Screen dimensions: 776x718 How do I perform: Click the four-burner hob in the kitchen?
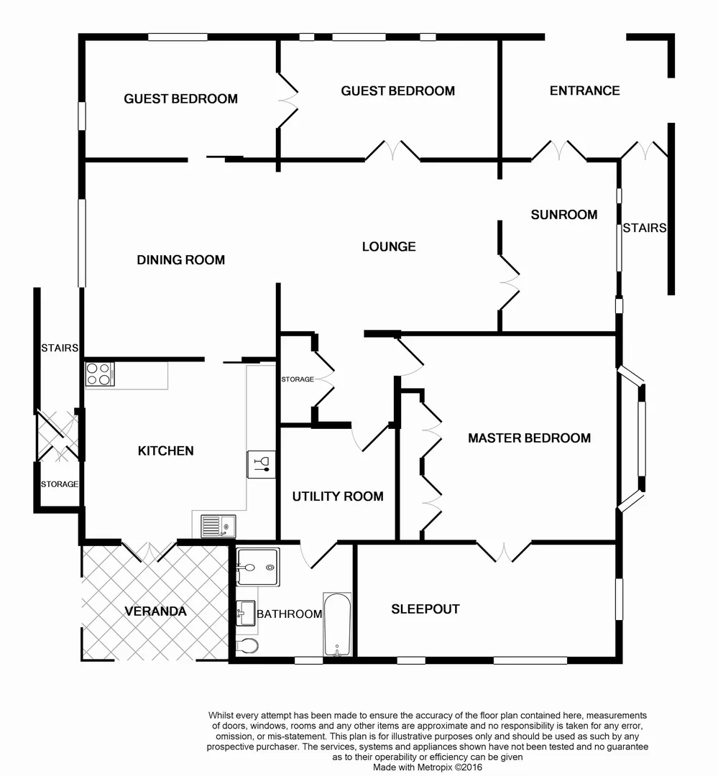click(100, 374)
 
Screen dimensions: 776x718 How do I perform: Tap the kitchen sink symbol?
click(217, 526)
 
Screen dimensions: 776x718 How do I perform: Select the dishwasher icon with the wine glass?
click(261, 463)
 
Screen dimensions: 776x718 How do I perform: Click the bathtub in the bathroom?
click(337, 624)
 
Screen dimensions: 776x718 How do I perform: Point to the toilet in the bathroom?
click(247, 645)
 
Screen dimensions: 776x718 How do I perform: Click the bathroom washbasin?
click(244, 613)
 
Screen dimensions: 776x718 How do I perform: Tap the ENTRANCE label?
click(584, 91)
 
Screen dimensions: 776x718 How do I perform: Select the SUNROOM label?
click(563, 214)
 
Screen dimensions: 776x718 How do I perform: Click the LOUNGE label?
click(388, 246)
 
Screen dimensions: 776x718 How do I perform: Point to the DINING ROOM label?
click(180, 259)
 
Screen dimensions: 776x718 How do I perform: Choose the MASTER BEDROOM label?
click(529, 438)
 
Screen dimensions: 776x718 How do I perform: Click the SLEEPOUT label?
click(425, 609)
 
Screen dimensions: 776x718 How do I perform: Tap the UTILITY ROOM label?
click(337, 496)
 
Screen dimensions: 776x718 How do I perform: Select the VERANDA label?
click(155, 611)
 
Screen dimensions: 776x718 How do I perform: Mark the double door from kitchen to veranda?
click(148, 550)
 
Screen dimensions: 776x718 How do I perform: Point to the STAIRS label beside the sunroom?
click(644, 228)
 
